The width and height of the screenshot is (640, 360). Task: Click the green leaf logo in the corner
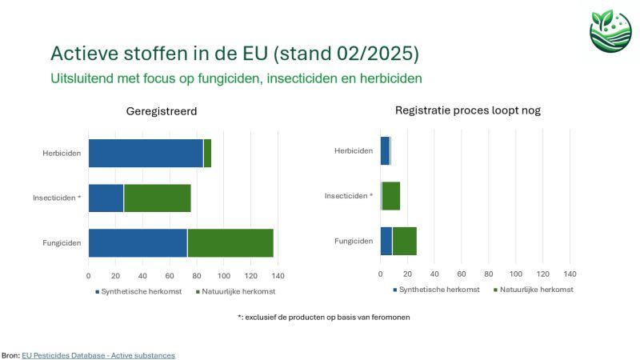pos(610,29)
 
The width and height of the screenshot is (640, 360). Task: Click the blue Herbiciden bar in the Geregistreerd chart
pos(146,153)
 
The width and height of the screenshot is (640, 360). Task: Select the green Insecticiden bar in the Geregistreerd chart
pos(158,198)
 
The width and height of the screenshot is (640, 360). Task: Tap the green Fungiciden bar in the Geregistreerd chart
pos(230,242)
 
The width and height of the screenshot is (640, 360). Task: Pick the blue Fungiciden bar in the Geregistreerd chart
pos(138,242)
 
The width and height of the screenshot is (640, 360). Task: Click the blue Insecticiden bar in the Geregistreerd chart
pos(106,198)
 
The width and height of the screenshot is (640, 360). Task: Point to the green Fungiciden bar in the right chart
pos(405,241)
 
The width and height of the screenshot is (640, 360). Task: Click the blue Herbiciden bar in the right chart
pos(385,150)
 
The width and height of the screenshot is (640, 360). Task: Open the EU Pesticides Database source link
pos(98,354)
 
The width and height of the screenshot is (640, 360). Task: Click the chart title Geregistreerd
pos(162,111)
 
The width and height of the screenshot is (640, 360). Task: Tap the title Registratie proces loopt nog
pos(468,110)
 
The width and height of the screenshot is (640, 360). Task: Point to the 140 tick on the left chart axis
pos(278,275)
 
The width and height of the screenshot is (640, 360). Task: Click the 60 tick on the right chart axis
pos(462,274)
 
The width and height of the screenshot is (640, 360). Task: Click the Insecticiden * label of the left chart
pos(57,198)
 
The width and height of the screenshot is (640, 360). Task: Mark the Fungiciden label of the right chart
pos(354,241)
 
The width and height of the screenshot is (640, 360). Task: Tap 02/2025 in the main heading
pos(378,54)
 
